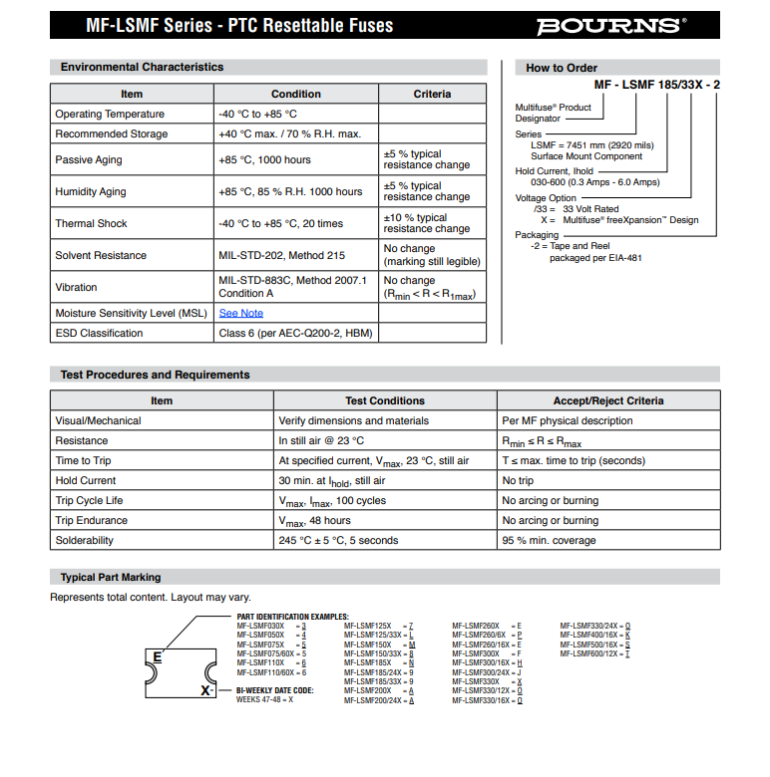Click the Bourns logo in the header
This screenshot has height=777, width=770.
(611, 26)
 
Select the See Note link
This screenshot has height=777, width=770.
(241, 313)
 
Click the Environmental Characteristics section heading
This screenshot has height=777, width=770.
(142, 67)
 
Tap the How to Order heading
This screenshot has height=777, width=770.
(562, 68)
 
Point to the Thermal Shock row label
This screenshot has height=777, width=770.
(91, 223)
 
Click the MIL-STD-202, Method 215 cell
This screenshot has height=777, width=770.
(281, 255)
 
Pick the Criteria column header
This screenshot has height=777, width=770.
(432, 94)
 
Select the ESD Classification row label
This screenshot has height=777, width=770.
(99, 333)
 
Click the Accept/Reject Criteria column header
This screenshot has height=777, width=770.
(607, 400)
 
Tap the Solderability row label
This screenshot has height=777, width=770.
(85, 540)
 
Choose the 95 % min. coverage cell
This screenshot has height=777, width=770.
(549, 540)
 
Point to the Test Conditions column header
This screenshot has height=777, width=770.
(384, 400)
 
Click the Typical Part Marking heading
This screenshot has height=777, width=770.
(110, 577)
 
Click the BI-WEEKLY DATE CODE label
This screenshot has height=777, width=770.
(274, 689)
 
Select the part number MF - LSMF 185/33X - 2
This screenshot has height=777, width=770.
(656, 85)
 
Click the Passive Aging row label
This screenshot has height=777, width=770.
(88, 159)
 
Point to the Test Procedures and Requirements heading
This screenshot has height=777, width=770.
(155, 375)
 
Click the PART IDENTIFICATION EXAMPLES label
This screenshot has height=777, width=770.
(292, 617)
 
